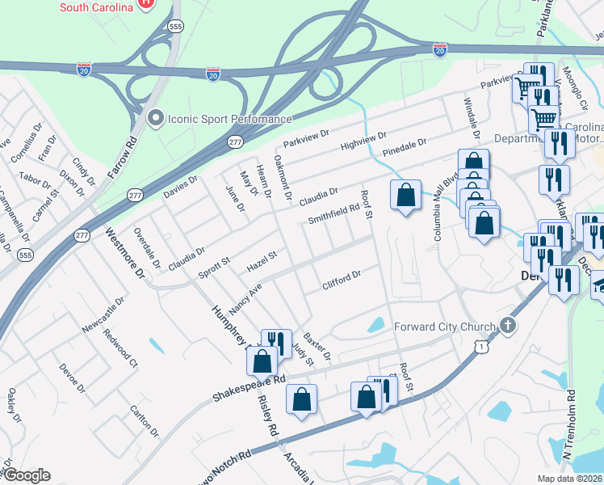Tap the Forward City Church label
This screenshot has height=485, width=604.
click(x=443, y=327)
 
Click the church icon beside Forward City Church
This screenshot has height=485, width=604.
click(x=507, y=326)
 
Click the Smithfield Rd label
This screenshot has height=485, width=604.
click(x=333, y=213)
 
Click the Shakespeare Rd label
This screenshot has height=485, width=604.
click(x=250, y=388)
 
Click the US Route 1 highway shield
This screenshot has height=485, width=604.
click(x=481, y=346)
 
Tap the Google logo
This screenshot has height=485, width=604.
click(x=27, y=475)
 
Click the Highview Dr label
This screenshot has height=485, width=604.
click(x=363, y=141)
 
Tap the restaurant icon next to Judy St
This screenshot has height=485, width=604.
click(x=276, y=343)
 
